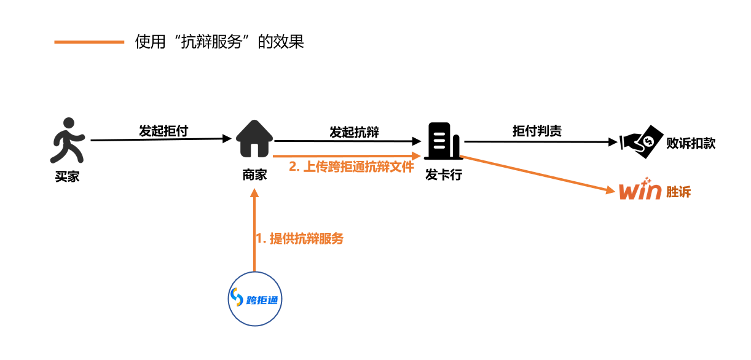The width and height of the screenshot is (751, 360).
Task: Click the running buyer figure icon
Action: pyautogui.click(x=66, y=140)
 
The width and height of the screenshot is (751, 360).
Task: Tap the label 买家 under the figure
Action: pyautogui.click(x=66, y=178)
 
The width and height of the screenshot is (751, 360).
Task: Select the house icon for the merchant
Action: pyautogui.click(x=254, y=140)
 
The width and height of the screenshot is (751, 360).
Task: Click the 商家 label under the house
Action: pyautogui.click(x=254, y=175)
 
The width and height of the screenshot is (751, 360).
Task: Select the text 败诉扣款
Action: pyautogui.click(x=691, y=144)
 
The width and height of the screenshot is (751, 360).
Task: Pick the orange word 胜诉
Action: pyautogui.click(x=678, y=192)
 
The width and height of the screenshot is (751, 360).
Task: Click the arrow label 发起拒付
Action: pyautogui.click(x=163, y=131)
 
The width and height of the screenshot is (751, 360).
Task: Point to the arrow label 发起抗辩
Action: pyautogui.click(x=354, y=131)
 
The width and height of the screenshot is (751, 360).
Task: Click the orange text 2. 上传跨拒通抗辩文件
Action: pyautogui.click(x=352, y=166)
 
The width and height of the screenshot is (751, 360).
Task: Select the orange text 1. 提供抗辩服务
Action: pyautogui.click(x=299, y=239)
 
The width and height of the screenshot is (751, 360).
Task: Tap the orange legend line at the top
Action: pyautogui.click(x=89, y=42)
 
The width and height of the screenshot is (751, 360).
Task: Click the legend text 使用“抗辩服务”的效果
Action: pyautogui.click(x=219, y=42)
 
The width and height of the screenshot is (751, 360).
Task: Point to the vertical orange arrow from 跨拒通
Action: pyautogui.click(x=254, y=233)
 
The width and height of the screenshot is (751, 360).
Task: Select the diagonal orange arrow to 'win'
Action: pyautogui.click(x=541, y=175)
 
